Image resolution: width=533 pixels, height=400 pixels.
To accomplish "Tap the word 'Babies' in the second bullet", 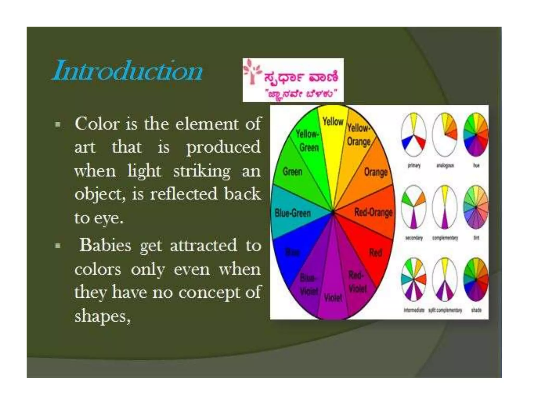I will [105, 246].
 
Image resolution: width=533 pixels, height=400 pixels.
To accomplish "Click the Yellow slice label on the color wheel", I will [333, 122].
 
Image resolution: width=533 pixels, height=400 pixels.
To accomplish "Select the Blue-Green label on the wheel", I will [293, 213].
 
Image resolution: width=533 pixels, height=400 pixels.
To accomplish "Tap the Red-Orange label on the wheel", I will [373, 213].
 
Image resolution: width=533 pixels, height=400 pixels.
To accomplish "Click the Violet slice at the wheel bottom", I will [333, 297].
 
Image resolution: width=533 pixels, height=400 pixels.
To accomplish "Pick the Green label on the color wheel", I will [293, 172].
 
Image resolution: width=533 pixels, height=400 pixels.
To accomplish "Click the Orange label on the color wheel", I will [376, 172].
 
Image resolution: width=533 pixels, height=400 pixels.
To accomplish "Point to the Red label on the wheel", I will [376, 253].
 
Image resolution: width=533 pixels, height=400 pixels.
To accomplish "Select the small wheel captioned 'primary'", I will [414, 135].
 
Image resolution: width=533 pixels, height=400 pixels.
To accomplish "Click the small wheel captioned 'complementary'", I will [445, 208].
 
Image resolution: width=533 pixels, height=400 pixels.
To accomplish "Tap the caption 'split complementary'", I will [445, 310].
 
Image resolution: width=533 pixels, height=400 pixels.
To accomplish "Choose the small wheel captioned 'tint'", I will [476, 208].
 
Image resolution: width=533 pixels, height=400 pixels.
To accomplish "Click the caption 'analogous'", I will [445, 166].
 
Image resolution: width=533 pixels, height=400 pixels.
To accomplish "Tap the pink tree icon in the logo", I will [251, 72].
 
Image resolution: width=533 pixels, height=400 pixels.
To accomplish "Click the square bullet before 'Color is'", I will [58, 124].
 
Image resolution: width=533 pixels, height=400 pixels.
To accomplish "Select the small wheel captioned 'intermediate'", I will [414, 279].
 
